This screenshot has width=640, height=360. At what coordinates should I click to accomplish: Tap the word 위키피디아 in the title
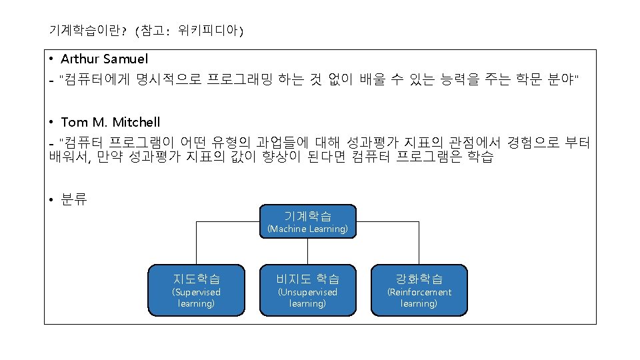point(208,31)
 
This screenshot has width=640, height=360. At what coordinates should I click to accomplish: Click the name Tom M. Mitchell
point(111,122)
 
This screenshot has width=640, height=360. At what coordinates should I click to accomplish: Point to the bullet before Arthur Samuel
point(51,59)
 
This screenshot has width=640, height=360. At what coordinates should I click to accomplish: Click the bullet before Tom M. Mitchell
point(51,122)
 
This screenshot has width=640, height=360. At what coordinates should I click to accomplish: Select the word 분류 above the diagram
point(73,199)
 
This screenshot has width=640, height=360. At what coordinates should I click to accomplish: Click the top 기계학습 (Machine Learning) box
point(307,222)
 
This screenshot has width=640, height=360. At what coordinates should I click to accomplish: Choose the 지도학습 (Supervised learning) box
point(196,289)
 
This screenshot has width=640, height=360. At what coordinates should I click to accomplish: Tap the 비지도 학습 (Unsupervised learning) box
point(307,289)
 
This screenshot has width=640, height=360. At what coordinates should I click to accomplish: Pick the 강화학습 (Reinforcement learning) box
point(419,289)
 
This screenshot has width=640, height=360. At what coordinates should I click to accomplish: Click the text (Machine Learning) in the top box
point(307,229)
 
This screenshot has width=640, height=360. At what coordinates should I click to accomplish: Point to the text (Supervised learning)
point(196,298)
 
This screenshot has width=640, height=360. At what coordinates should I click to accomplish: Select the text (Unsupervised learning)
point(307,298)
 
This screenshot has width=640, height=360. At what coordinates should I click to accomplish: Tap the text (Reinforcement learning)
point(419,298)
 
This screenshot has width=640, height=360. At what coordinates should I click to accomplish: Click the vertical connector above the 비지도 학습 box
point(307,252)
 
